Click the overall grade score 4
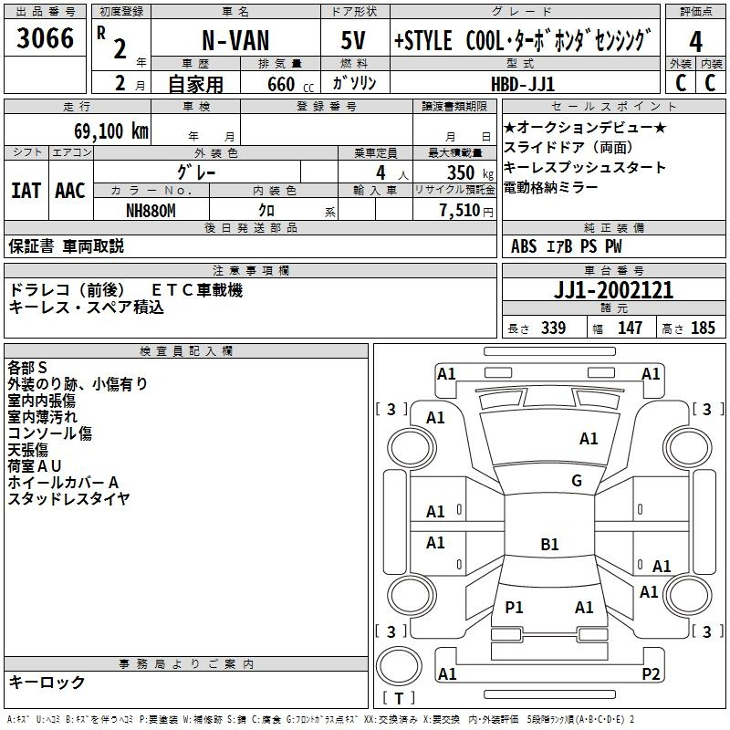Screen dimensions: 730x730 point(696,42)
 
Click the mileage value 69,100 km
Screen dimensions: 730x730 point(105,131)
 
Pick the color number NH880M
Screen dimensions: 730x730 point(151,209)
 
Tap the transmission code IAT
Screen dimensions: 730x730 point(26,191)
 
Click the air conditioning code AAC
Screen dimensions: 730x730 point(70,191)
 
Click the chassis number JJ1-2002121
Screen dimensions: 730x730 point(614,290)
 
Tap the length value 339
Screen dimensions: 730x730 point(551,328)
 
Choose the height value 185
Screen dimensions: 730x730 point(703,328)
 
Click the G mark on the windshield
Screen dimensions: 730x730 point(577,481)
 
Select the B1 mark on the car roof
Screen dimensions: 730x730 point(549,545)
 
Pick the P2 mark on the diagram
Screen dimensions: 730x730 point(651,674)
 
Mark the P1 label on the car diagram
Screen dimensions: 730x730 point(515,607)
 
